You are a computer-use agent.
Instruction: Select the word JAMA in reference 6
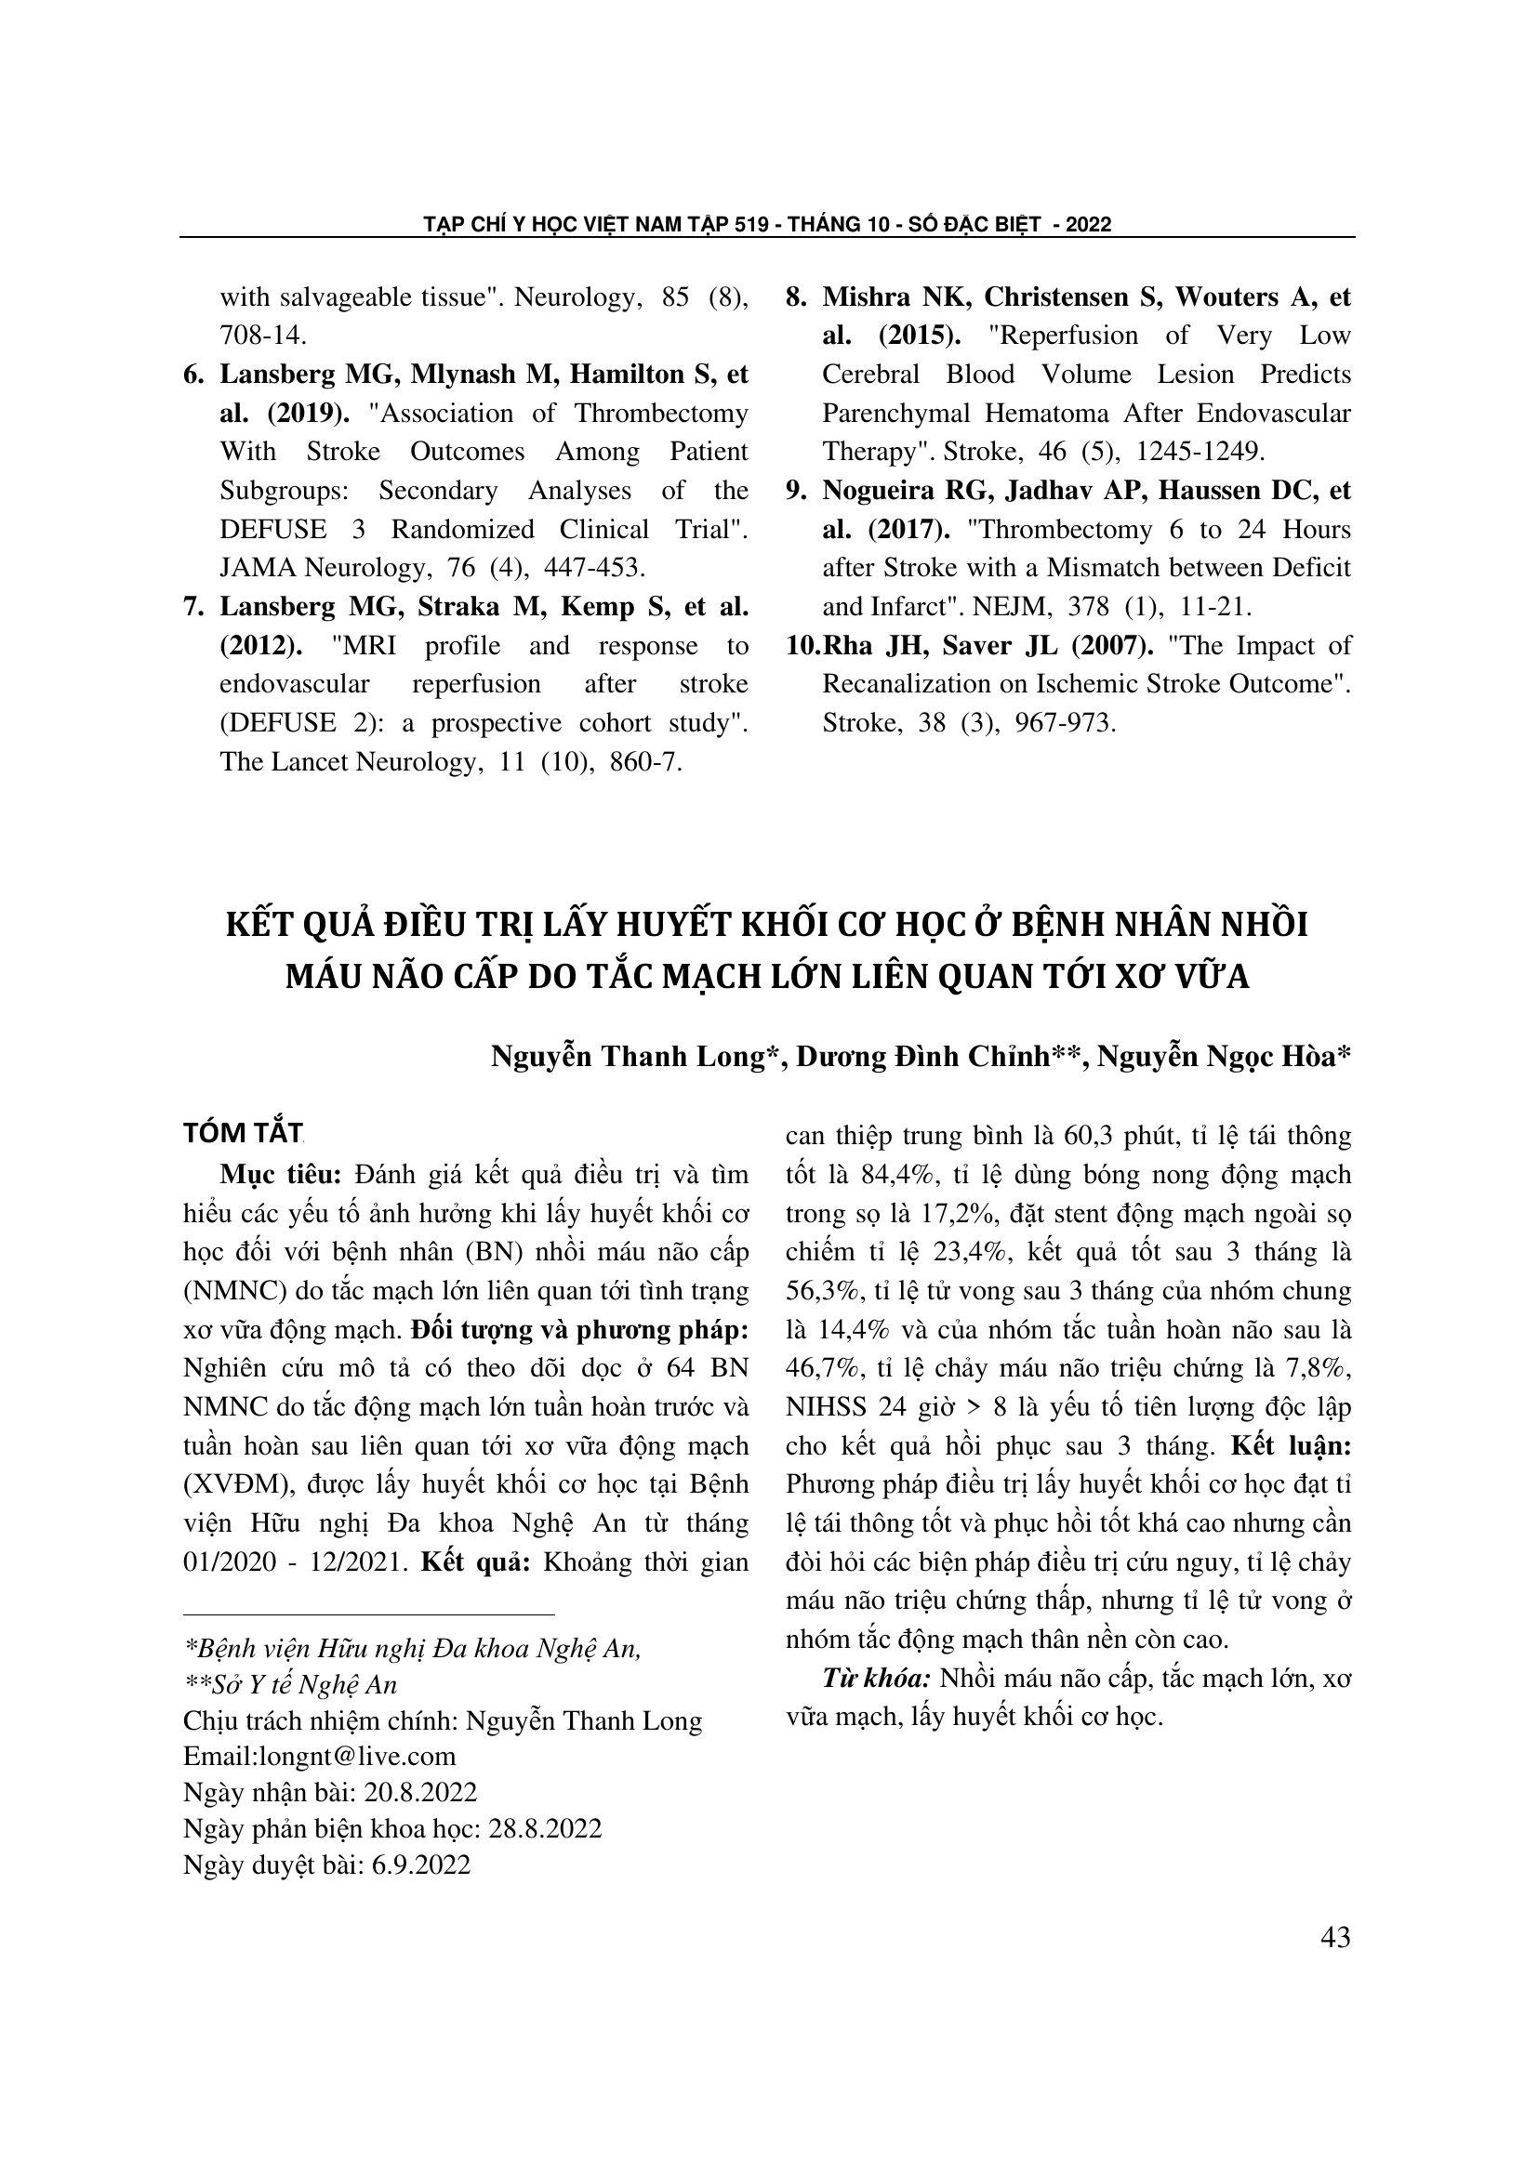pos(254,568)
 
